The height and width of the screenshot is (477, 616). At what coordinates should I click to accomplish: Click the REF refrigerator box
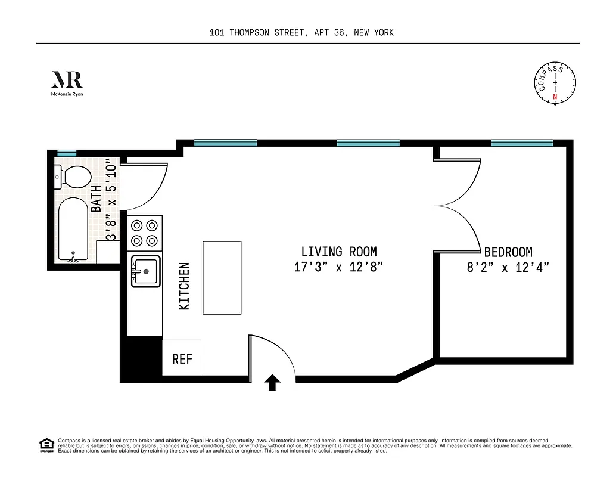point(182,358)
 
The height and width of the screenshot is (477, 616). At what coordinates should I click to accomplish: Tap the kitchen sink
point(145,271)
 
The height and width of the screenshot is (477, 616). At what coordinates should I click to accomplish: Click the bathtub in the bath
point(73,229)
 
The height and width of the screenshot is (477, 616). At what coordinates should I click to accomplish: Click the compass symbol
point(555,83)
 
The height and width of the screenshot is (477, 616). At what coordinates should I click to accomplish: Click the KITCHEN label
point(185,286)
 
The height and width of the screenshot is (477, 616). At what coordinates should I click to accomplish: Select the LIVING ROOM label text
point(338,252)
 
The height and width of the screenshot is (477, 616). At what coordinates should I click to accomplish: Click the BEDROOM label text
point(508,252)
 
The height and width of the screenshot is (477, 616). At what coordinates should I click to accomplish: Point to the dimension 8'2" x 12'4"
point(508,267)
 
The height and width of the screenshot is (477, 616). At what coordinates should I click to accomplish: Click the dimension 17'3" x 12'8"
point(338,267)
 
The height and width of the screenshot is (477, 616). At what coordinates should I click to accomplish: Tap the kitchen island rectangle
point(222,277)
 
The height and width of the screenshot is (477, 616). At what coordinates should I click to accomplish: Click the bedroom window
point(522,143)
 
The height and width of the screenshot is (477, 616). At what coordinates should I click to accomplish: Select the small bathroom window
point(67,153)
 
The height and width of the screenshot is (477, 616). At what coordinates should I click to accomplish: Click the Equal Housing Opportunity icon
point(45,444)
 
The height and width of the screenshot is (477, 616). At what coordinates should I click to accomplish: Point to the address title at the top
point(301,33)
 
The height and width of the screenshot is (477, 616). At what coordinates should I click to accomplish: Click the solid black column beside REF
point(141,358)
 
